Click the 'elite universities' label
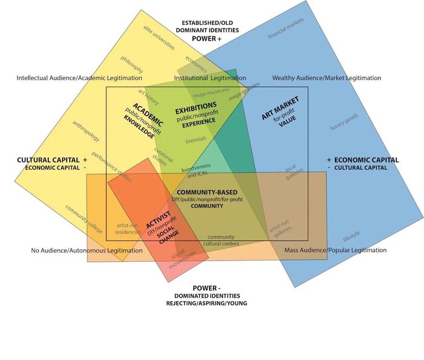click(x=159, y=39)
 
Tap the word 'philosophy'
click(x=132, y=64)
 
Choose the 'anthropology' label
click(x=86, y=131)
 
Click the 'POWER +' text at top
click(x=207, y=38)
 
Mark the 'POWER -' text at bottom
click(x=207, y=288)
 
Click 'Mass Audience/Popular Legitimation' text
click(x=335, y=250)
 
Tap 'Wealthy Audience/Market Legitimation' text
click(x=326, y=78)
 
